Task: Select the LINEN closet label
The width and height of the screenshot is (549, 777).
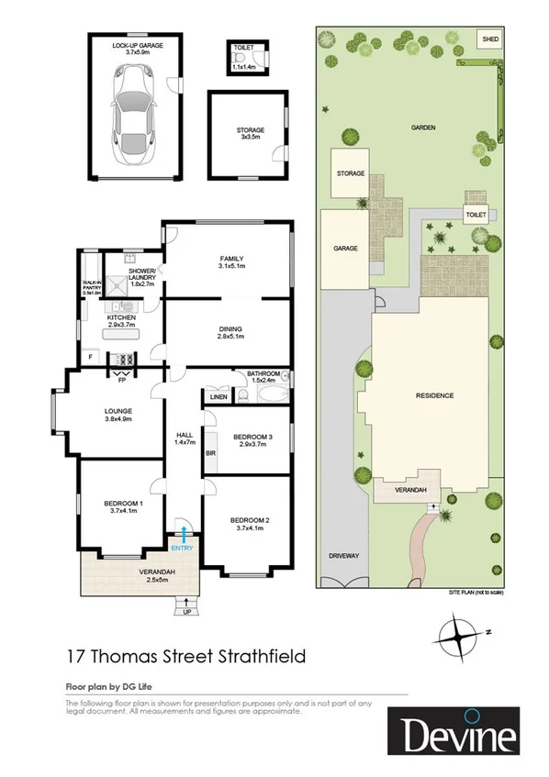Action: click(x=218, y=397)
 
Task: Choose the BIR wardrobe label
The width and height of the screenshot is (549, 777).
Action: click(x=210, y=453)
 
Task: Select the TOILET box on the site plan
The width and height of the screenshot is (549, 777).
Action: click(x=475, y=215)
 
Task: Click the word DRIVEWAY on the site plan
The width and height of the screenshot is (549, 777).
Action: click(x=345, y=556)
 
